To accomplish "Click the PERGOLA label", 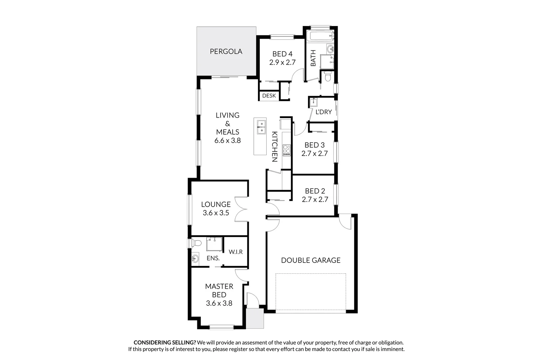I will [x=226, y=51].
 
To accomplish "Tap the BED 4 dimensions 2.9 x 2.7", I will [x=282, y=62].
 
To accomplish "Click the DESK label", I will [x=269, y=96].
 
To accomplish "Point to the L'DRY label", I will [x=324, y=112].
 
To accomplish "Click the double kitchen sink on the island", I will [x=261, y=127].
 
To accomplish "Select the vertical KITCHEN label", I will [x=275, y=147].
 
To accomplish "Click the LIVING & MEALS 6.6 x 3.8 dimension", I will [x=227, y=140].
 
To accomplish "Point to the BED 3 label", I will [x=314, y=145].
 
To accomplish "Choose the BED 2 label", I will [x=315, y=191].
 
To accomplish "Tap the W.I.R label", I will [x=236, y=252].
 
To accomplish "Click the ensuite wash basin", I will [x=195, y=258].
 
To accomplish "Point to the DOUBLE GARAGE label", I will [x=311, y=260].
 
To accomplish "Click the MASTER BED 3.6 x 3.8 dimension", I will [x=219, y=303].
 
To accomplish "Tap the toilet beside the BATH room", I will [x=327, y=78].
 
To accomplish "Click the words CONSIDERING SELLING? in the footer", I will [x=165, y=342].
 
